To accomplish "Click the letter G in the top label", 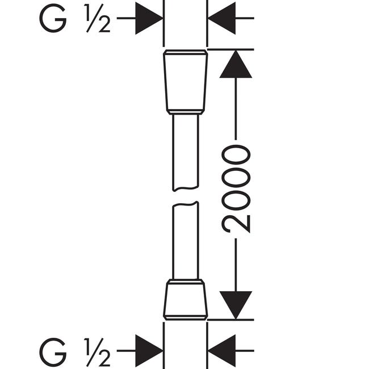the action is point(53,18).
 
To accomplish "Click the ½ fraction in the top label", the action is point(97,18).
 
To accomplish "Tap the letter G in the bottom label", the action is point(53,352).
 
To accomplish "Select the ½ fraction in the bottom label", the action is point(97,353).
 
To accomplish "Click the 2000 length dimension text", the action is point(236,188).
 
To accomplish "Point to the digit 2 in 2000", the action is point(236,224).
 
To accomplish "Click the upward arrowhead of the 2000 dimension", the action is point(236,64).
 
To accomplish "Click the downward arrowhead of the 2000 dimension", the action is point(236,305).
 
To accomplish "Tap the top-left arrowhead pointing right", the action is point(149,18).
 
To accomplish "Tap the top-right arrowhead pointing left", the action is point(221,18).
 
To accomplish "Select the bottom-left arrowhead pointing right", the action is point(149,351).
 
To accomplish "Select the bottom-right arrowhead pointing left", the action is point(221,351).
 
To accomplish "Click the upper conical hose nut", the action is point(186,82).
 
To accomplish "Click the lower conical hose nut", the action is point(186,300).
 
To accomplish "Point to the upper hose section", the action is point(186,152).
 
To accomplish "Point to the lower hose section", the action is point(186,240).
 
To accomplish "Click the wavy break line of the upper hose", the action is point(186,188).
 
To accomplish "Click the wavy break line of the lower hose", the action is point(186,204).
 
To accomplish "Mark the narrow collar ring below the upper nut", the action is point(186,112).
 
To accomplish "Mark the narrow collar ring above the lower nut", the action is point(186,282).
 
